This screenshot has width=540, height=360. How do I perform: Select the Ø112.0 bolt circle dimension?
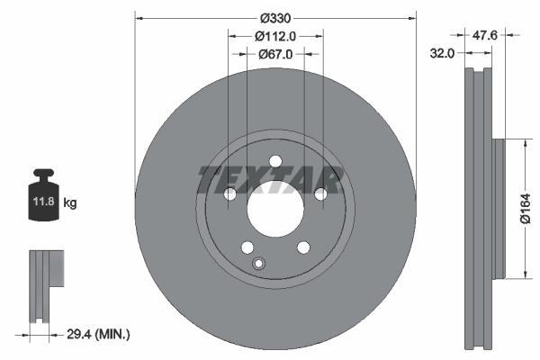pos(274,37)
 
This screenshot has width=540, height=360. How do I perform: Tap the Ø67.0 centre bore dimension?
pos(274,54)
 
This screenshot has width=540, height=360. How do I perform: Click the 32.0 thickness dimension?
pos(441,54)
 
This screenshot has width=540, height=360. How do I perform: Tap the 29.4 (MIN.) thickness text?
pos(98,334)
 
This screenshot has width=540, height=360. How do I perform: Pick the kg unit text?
pos(70,203)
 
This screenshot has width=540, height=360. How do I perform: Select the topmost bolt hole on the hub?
pos(274,162)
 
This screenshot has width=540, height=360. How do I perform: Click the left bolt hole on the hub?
pos(229,193)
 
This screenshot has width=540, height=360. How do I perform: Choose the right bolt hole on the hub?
pos(319,193)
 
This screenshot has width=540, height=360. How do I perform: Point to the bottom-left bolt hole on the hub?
pos(247,247)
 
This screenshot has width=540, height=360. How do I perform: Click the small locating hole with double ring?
pos(259,263)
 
